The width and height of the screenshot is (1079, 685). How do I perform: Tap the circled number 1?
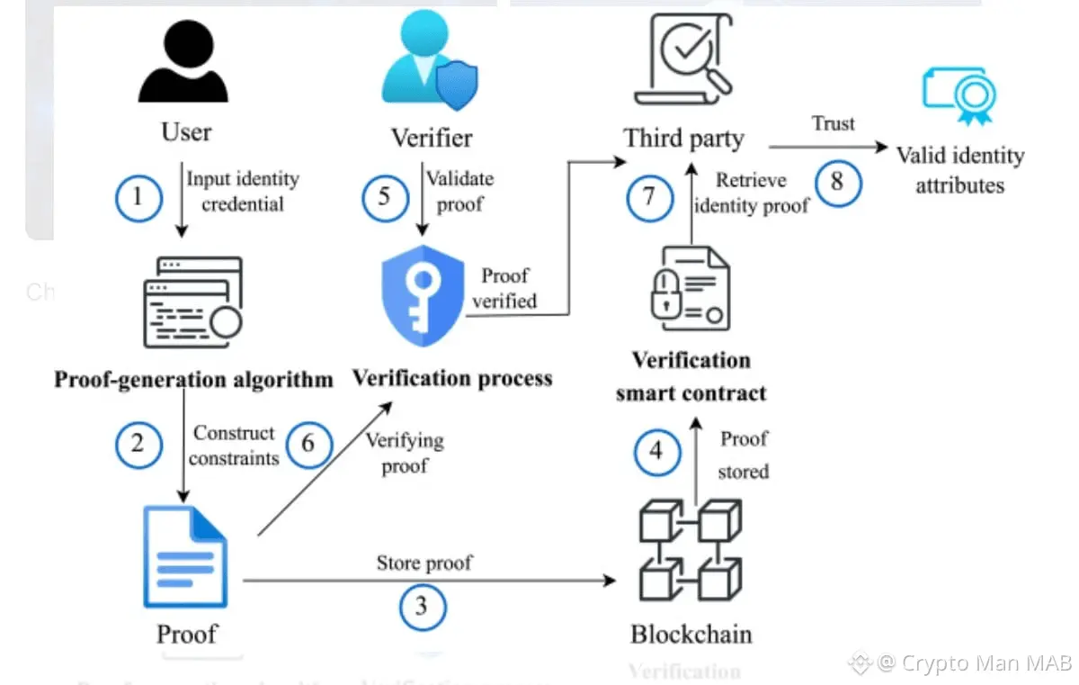(138, 195)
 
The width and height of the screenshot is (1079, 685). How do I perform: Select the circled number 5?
(385, 195)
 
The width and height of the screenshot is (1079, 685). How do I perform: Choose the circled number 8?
(837, 183)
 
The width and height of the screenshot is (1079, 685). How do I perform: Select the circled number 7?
(648, 196)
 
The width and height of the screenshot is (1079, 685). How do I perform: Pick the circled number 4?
(656, 451)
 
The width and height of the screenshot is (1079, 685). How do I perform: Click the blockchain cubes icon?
(689, 551)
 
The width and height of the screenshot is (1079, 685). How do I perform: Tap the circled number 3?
(422, 606)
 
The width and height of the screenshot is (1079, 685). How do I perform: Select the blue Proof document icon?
(185, 558)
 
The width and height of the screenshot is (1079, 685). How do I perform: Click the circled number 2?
(138, 444)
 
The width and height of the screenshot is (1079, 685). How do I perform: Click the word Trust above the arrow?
(833, 123)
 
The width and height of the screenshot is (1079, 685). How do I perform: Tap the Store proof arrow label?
(424, 563)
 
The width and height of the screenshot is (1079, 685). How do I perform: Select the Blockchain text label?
(691, 634)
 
